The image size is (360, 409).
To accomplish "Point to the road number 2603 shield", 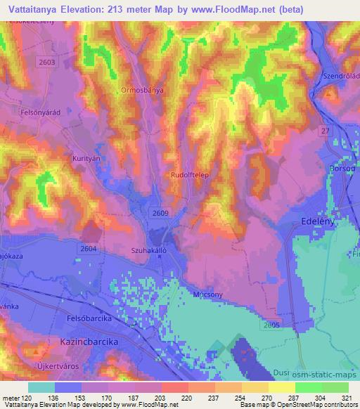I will pos(49,63).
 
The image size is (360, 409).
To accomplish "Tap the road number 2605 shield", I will pos(270,325).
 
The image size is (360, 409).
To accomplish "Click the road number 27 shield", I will pos(325,131).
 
